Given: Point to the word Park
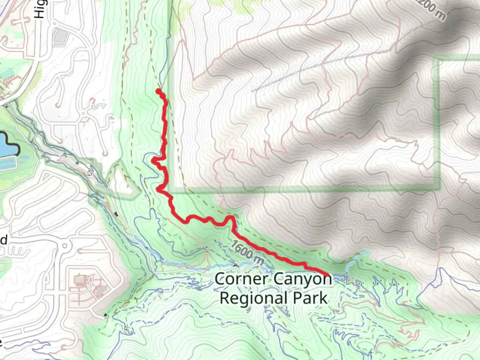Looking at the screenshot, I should pyautogui.click(x=312, y=298).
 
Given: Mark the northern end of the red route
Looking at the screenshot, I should pyautogui.click(x=158, y=91).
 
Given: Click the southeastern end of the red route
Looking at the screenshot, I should pyautogui.click(x=328, y=274).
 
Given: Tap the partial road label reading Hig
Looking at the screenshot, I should pyautogui.click(x=40, y=8).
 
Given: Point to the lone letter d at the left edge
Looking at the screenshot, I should pyautogui.click(x=4, y=240).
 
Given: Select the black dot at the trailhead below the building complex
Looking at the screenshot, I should pyautogui.click(x=106, y=315).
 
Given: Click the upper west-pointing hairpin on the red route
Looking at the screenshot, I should pyautogui.click(x=154, y=161).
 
